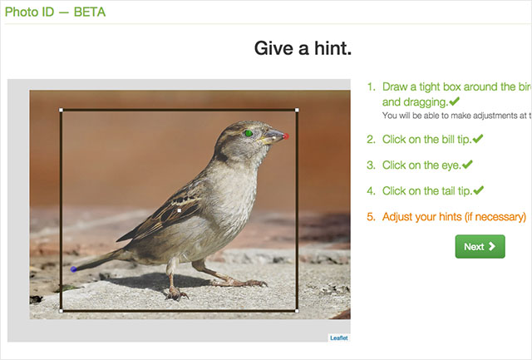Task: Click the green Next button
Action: (x=480, y=246)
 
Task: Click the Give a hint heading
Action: (x=303, y=48)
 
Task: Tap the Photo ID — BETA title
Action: (x=56, y=12)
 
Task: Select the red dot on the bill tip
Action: (x=286, y=136)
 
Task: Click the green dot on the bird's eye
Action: (x=248, y=132)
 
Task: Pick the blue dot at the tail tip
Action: (x=73, y=269)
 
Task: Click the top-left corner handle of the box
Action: (x=62, y=110)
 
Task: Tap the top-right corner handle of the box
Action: (x=297, y=110)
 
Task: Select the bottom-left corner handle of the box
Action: (x=62, y=311)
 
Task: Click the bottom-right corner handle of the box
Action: (x=297, y=311)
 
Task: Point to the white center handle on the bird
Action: (x=180, y=211)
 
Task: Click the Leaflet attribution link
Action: (x=338, y=338)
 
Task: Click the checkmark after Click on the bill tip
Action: (x=478, y=139)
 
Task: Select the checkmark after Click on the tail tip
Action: (x=479, y=190)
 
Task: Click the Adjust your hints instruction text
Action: (x=454, y=217)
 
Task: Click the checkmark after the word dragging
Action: (x=454, y=101)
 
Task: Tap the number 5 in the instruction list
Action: (x=371, y=217)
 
